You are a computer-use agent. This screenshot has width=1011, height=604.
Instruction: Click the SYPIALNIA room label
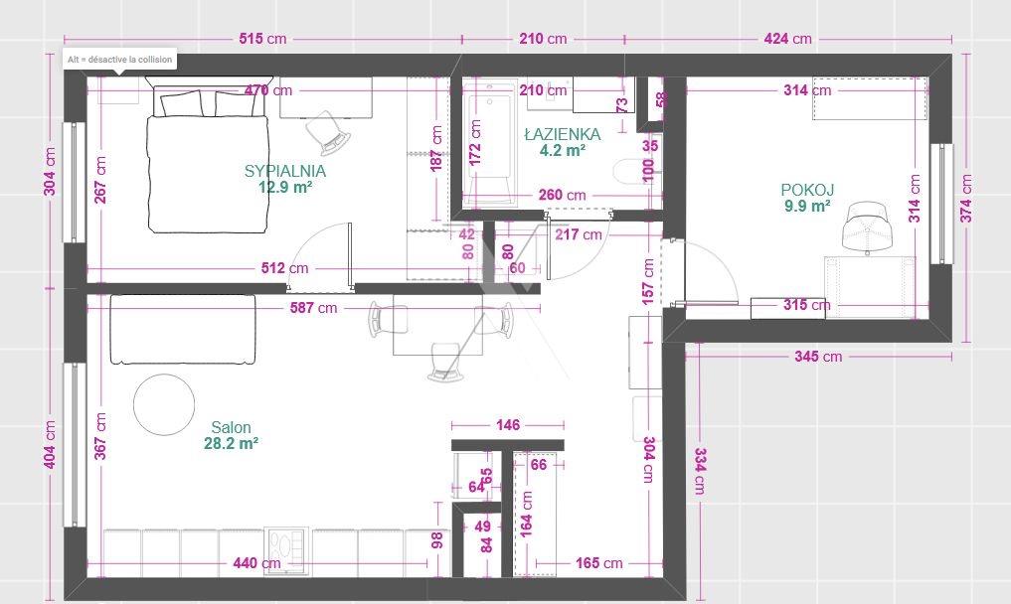285,171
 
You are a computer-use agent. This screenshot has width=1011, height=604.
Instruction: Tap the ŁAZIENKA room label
563,134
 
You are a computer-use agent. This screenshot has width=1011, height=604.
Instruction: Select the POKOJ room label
807,190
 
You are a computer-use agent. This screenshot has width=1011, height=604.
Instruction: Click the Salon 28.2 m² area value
231,443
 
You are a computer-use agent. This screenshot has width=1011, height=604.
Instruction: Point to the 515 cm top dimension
262,39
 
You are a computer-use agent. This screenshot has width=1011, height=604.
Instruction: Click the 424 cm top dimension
788,39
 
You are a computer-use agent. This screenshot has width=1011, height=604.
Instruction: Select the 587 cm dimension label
313,308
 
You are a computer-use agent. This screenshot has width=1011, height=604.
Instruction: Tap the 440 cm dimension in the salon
256,563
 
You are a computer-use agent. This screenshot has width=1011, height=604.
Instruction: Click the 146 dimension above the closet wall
508,425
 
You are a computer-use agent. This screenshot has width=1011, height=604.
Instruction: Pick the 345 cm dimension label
818,356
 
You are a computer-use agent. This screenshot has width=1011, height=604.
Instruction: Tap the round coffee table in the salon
164,404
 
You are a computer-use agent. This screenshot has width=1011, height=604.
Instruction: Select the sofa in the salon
183,330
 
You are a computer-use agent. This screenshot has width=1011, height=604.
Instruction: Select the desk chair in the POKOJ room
869,226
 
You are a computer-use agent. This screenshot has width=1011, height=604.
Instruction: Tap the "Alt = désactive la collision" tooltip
120,60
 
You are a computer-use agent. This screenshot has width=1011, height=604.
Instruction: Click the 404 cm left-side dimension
50,445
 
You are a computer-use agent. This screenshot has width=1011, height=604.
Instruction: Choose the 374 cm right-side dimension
966,199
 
